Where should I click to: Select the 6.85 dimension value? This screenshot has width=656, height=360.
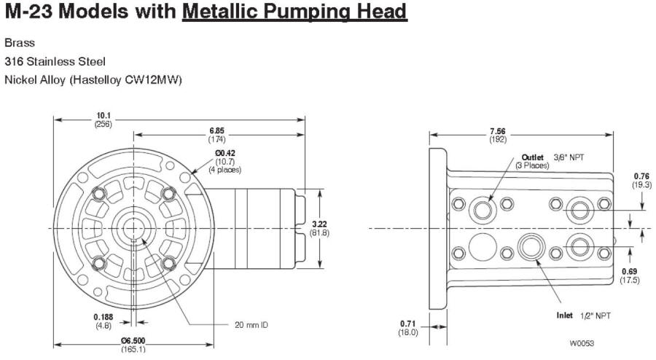[216, 134]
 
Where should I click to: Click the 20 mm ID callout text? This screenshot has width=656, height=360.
[251, 324]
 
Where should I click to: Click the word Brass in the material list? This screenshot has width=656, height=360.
[20, 43]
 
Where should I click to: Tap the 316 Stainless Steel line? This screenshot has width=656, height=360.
[55, 61]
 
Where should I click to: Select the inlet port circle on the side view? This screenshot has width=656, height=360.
[530, 247]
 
